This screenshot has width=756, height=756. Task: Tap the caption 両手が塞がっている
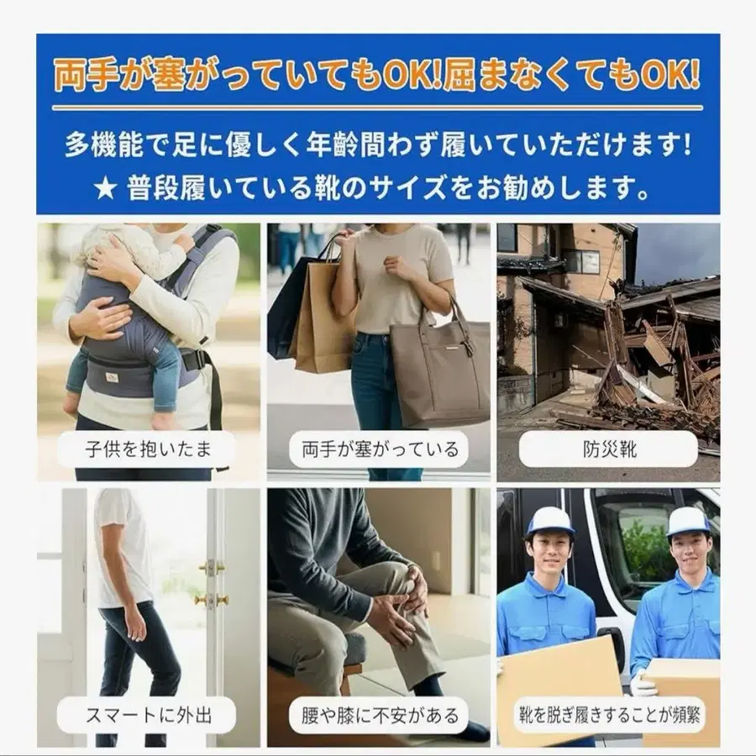(380, 449)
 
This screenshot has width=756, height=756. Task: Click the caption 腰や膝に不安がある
(380, 716)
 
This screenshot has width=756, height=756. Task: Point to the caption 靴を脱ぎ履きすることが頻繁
(608, 716)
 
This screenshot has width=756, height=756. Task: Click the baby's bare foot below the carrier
(71, 405)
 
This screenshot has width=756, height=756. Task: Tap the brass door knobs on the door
(211, 584)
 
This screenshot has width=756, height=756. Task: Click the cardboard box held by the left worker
(558, 689)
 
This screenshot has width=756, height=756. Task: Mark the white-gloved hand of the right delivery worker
(643, 684)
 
